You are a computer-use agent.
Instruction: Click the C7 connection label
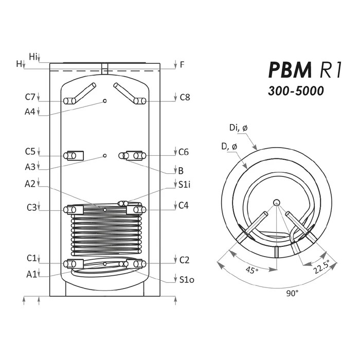[x=30, y=97]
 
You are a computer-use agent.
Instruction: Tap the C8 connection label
[x=185, y=97]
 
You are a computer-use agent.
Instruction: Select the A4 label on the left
[x=30, y=112]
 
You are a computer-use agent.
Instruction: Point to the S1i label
[x=184, y=185]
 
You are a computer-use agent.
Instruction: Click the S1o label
[x=187, y=279]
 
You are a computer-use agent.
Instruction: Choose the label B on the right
[x=181, y=171]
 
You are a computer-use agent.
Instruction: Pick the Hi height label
[x=33, y=57]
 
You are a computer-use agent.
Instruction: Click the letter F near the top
[x=182, y=65]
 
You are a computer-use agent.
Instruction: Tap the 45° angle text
[x=252, y=270]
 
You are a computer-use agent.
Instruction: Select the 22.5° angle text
[x=321, y=266]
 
